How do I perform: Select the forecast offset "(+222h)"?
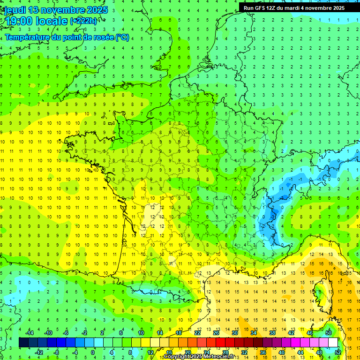[83, 21]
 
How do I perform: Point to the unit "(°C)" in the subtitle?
[122, 37]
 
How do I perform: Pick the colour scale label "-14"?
[30, 333]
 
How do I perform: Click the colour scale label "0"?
[92, 352]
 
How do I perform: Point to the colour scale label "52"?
[338, 352]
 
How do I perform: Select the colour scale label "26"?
[216, 333]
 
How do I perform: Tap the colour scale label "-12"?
[39, 352]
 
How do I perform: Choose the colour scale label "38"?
[272, 333]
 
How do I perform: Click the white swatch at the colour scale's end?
[333, 343]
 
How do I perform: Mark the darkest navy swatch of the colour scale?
[23, 343]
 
